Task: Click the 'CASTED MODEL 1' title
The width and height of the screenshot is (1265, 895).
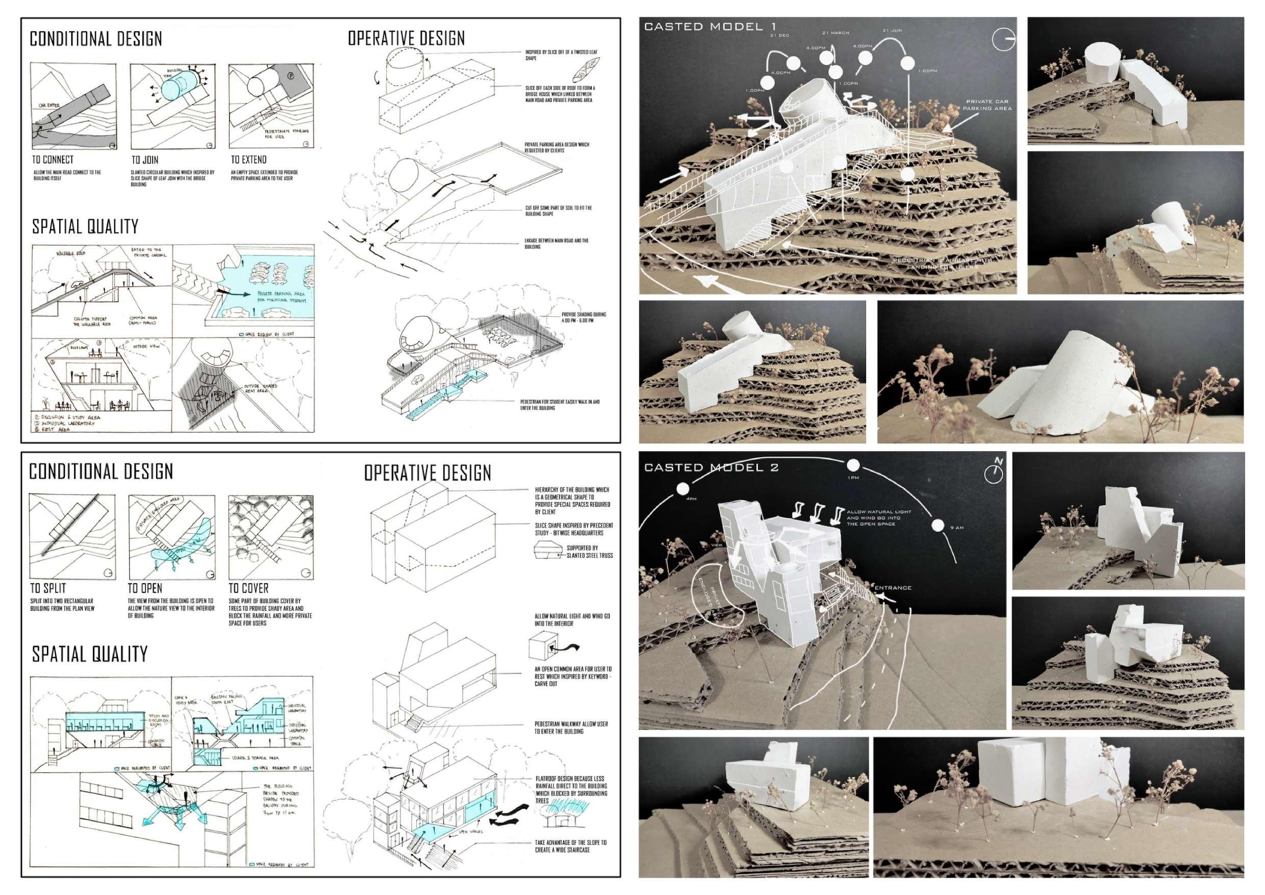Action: pyautogui.click(x=710, y=27)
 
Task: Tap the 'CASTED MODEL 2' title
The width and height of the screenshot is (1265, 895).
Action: pyautogui.click(x=711, y=467)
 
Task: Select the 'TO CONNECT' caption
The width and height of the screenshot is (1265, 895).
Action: pyautogui.click(x=53, y=160)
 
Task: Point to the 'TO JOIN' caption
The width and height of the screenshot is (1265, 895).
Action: pyautogui.click(x=145, y=160)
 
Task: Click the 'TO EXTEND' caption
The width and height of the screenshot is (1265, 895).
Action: pyautogui.click(x=248, y=160)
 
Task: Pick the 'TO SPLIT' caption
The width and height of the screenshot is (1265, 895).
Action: pyautogui.click(x=48, y=588)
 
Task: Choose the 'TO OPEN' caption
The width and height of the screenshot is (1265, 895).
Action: pyautogui.click(x=145, y=588)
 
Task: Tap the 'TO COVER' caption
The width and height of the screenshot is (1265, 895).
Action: pyautogui.click(x=248, y=588)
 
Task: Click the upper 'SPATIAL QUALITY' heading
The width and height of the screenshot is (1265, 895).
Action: pyautogui.click(x=85, y=227)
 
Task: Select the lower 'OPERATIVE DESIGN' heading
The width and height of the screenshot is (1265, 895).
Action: pyautogui.click(x=427, y=473)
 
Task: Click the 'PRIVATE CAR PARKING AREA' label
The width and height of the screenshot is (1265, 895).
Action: pyautogui.click(x=987, y=105)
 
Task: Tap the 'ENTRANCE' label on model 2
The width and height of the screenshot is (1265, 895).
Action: pyautogui.click(x=893, y=587)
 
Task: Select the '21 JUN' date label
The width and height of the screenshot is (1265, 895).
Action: pyautogui.click(x=892, y=30)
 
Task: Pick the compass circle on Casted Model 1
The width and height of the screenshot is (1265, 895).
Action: pyautogui.click(x=1003, y=39)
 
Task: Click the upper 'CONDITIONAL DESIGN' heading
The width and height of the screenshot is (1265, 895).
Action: pyautogui.click(x=96, y=39)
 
